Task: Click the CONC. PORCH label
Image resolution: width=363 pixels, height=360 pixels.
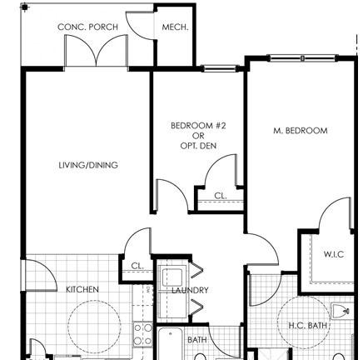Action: (x=87, y=27)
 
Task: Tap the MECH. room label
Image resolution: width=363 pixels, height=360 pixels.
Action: (x=175, y=27)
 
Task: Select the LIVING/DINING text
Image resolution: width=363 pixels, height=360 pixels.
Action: (x=88, y=165)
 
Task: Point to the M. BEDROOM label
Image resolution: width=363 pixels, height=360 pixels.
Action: (x=301, y=131)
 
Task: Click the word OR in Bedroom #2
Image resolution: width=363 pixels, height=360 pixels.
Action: (x=198, y=136)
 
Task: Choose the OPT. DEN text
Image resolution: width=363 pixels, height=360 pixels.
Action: (x=198, y=146)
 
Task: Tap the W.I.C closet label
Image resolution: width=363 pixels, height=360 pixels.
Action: (x=334, y=254)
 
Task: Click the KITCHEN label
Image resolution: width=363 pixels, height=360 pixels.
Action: (x=82, y=289)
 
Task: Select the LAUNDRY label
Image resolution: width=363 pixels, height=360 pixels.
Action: (x=190, y=290)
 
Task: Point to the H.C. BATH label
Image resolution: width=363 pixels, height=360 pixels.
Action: (x=308, y=325)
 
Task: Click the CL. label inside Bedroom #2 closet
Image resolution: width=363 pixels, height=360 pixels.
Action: (x=221, y=196)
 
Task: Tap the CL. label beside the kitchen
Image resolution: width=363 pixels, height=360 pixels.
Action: (x=137, y=266)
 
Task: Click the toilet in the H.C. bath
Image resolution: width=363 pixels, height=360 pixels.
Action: (x=341, y=311)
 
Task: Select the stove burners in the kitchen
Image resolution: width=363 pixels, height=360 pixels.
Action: (x=143, y=334)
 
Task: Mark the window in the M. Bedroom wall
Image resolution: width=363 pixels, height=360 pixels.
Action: (x=302, y=58)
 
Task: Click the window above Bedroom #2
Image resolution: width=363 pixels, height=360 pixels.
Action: (x=220, y=68)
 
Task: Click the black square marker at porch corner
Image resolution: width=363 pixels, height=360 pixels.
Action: (x=25, y=7)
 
